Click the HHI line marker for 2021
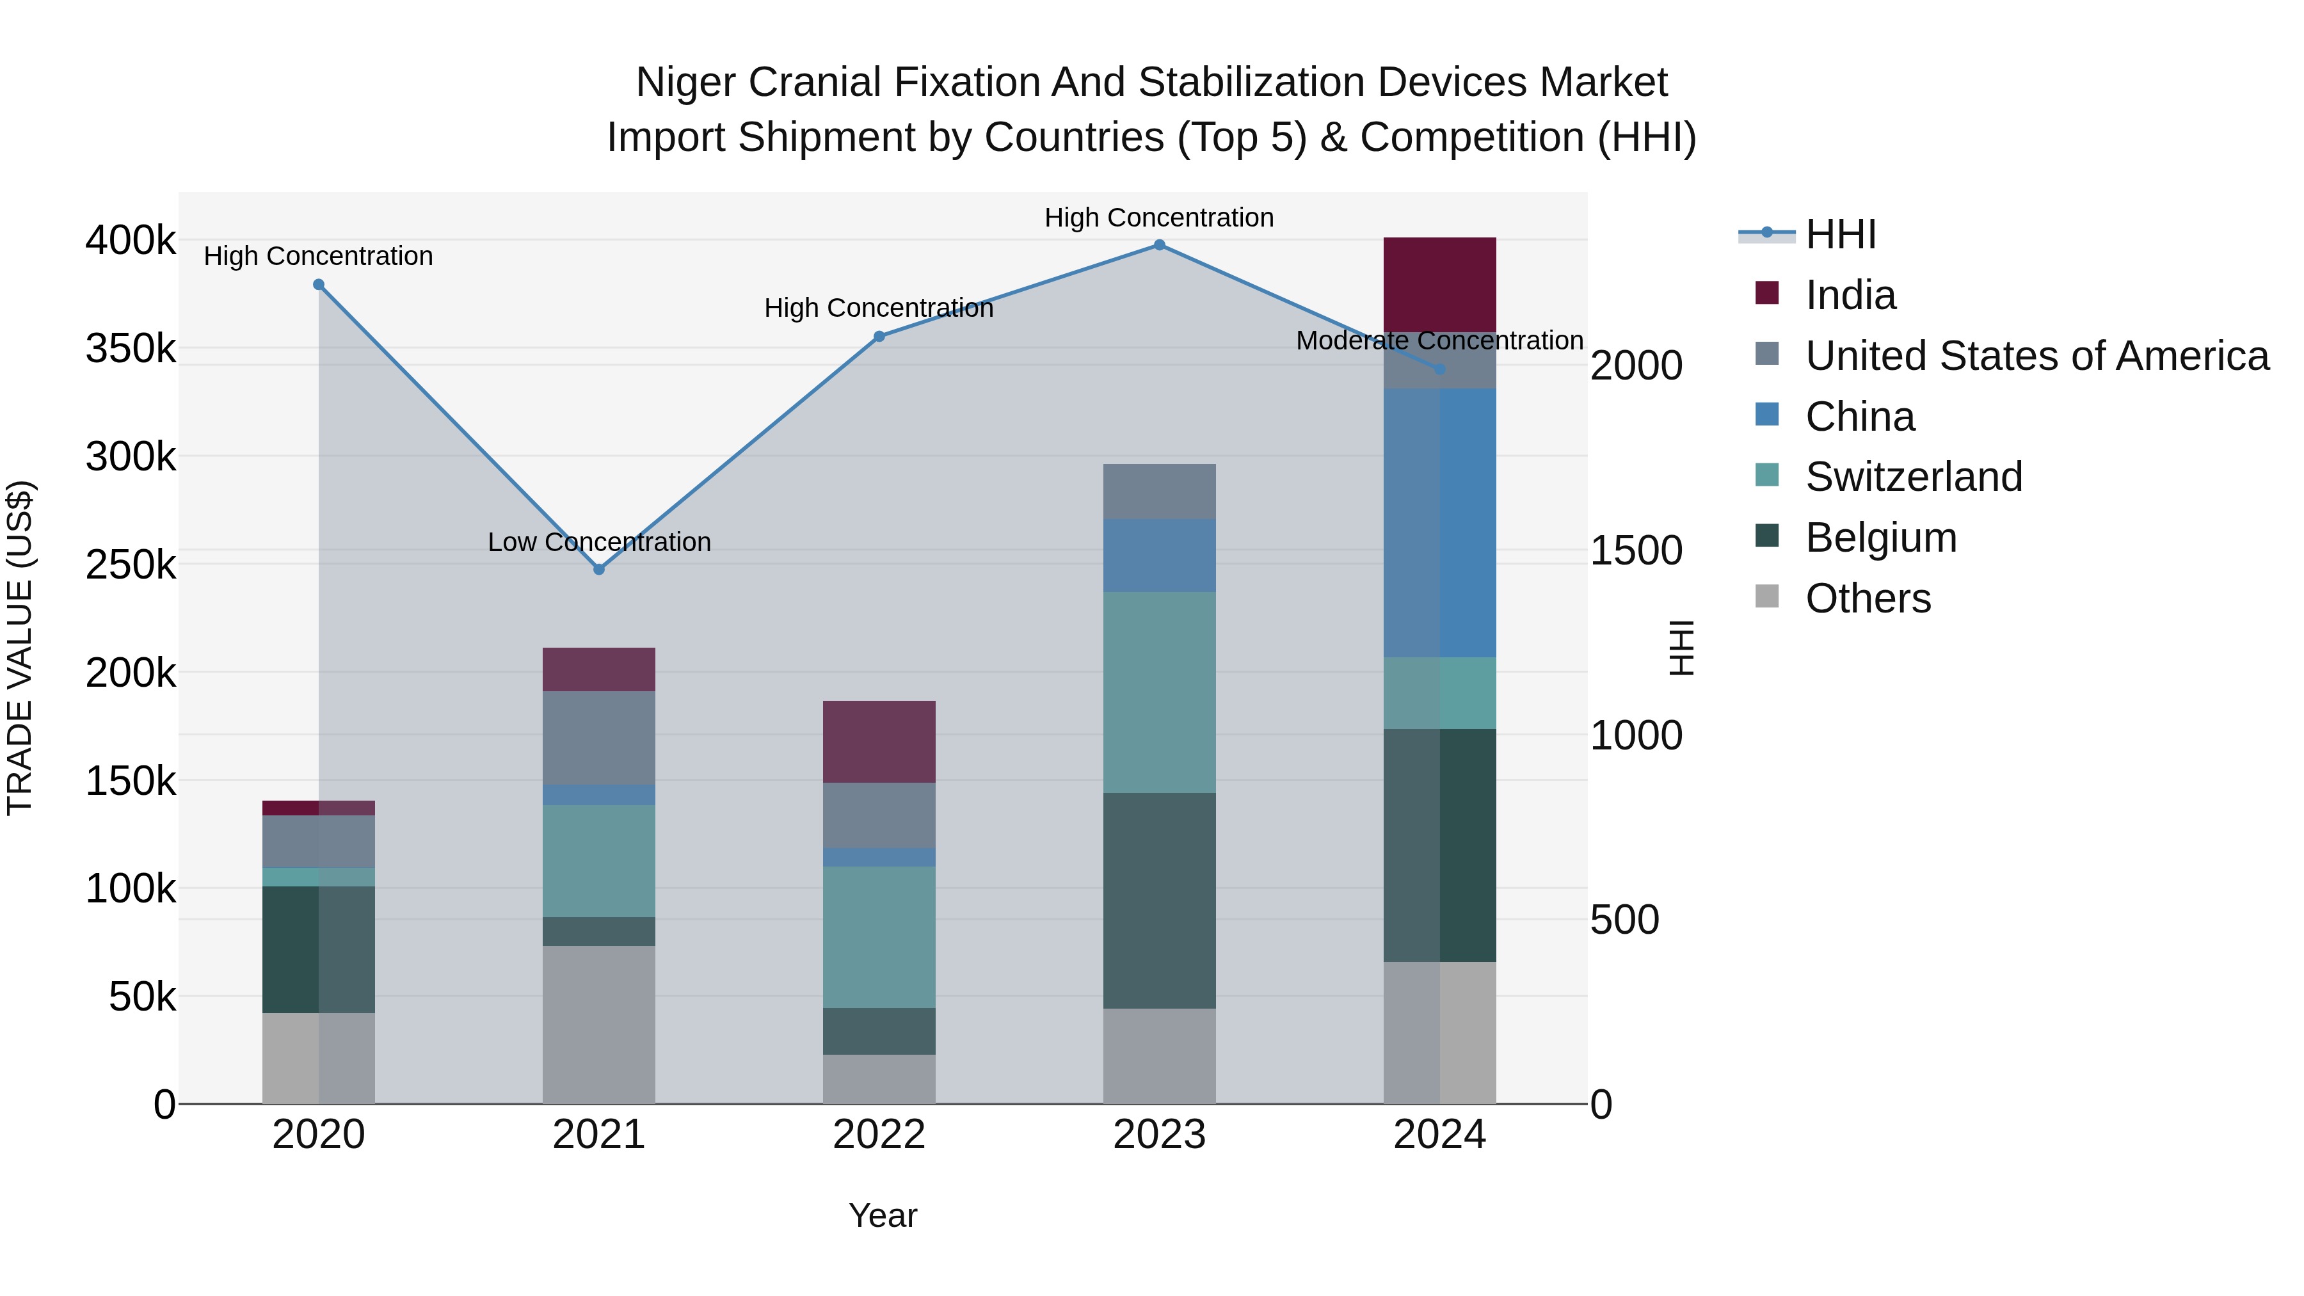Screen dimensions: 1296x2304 pos(599,570)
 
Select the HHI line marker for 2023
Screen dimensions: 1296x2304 pos(1159,245)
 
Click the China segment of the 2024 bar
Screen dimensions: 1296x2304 pos(1439,524)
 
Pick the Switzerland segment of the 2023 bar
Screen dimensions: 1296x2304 pos(1159,692)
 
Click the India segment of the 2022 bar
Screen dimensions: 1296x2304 pos(879,742)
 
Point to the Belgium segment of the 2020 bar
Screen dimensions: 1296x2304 pos(319,949)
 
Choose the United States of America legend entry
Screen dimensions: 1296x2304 pos(2036,356)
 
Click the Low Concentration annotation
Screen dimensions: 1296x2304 pos(599,542)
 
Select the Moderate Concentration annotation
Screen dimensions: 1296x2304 pos(1439,340)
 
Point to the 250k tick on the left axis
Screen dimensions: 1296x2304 pos(131,564)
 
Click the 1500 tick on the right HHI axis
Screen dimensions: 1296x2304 pos(1636,551)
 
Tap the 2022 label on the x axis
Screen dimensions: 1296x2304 pos(879,1135)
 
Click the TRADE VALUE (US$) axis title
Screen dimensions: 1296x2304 pos(20,648)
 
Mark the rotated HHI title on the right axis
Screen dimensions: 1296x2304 pos(1681,648)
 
